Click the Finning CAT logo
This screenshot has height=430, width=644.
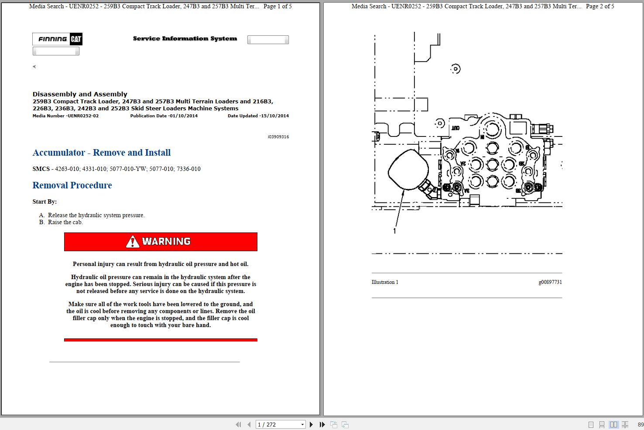(x=57, y=39)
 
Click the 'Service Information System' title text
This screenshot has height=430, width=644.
(x=185, y=39)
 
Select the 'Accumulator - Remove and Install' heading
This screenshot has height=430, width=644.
(x=101, y=153)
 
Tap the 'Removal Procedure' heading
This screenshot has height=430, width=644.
(x=72, y=185)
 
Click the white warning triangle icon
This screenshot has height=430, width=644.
(x=132, y=242)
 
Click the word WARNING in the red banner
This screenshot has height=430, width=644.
(x=166, y=242)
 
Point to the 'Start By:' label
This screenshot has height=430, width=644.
(x=45, y=202)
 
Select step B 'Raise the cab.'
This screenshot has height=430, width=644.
(x=65, y=222)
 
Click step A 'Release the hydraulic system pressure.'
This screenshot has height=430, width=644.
(x=96, y=215)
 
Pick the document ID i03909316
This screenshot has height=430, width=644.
(x=278, y=137)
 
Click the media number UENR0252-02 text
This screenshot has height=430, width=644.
(x=65, y=116)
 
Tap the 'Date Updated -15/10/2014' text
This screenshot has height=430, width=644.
(x=258, y=116)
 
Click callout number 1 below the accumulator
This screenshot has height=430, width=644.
(x=395, y=231)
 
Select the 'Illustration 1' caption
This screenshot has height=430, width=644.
(x=385, y=282)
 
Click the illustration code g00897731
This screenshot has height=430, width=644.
(x=550, y=282)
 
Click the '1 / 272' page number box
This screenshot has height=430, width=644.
(x=280, y=424)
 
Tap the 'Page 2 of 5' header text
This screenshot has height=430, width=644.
(x=600, y=7)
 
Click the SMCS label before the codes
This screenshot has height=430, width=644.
(x=41, y=169)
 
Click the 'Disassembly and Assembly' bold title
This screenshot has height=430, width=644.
(x=80, y=94)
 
